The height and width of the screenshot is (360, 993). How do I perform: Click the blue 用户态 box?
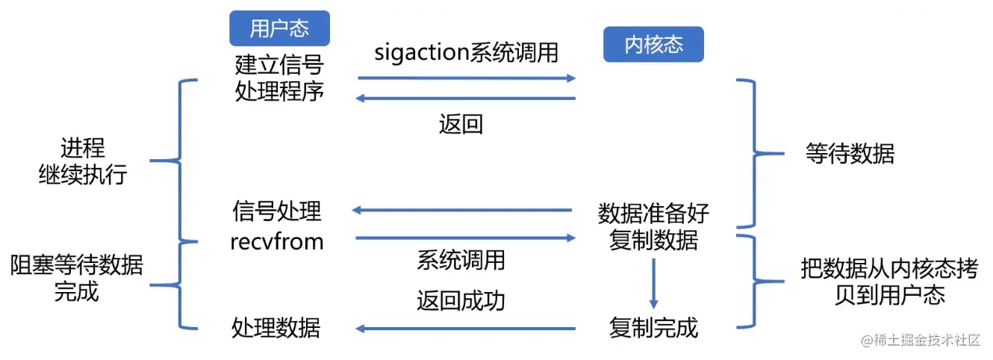(x=279, y=28)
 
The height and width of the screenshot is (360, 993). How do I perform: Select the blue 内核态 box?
(x=653, y=45)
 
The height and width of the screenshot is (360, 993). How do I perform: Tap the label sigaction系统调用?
(x=466, y=53)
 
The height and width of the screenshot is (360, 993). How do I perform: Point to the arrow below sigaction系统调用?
(x=467, y=78)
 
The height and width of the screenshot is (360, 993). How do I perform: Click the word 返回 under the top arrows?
(x=461, y=123)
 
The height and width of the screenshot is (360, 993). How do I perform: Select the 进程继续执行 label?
(x=83, y=161)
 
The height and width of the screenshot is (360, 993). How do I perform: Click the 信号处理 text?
(x=277, y=211)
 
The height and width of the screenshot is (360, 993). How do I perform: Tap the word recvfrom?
(x=278, y=240)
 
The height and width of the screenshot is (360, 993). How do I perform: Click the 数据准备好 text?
(x=653, y=214)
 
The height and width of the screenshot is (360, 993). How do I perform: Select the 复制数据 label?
(x=653, y=240)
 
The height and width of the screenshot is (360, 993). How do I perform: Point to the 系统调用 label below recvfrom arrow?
(x=461, y=260)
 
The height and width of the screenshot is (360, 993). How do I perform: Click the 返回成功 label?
(x=461, y=300)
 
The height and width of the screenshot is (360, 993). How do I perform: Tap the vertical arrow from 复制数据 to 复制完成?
(x=653, y=282)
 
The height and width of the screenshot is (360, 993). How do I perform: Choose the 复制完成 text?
(x=653, y=327)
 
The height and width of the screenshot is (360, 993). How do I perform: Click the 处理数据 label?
(x=276, y=327)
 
